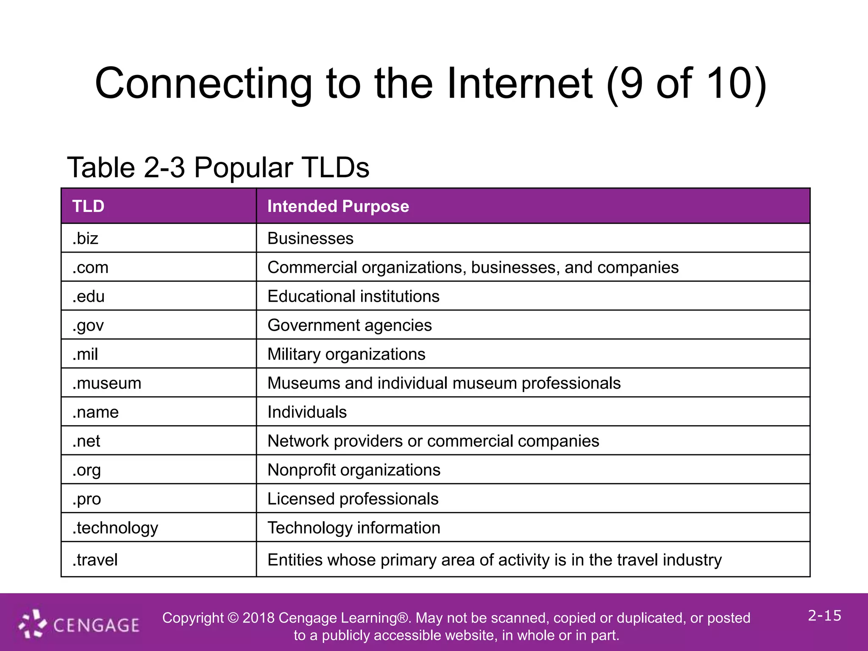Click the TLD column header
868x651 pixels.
point(88,206)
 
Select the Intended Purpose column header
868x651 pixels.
point(338,206)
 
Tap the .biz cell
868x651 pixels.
point(85,238)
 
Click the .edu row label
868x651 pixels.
point(88,296)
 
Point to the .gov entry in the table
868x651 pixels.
point(88,325)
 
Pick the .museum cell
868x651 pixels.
point(106,383)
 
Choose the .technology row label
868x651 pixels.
point(115,528)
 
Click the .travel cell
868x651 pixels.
point(95,560)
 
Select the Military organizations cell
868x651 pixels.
point(346,354)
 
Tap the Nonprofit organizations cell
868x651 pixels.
point(354,470)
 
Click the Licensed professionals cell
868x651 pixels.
point(353,499)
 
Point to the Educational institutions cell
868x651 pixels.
point(353,296)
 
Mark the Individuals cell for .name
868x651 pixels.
point(307,412)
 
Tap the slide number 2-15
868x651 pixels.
point(824,615)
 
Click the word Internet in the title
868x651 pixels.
point(519,83)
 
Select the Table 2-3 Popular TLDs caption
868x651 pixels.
point(218,167)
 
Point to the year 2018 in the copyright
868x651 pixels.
point(259,618)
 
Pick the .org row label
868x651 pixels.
point(86,470)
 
